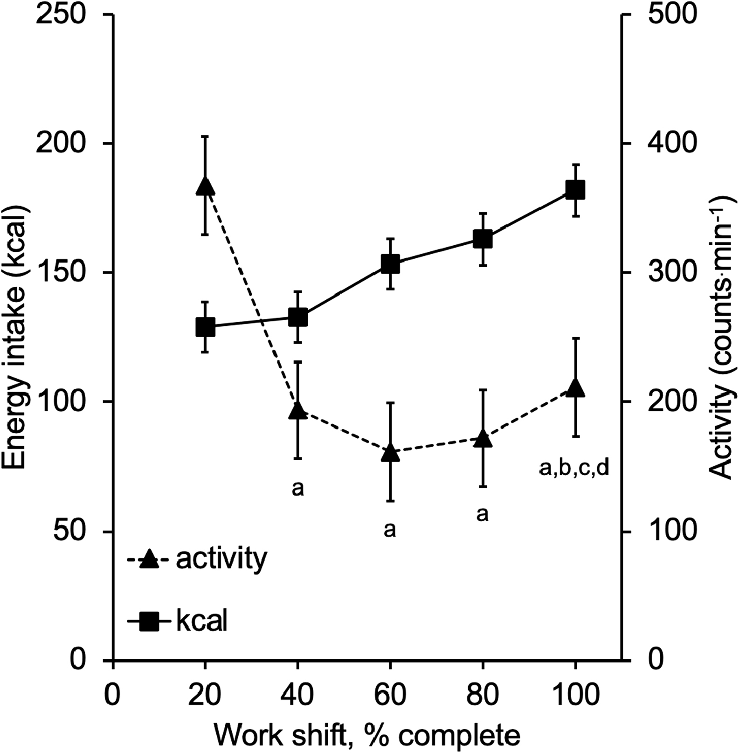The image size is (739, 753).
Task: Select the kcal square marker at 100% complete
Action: point(575,190)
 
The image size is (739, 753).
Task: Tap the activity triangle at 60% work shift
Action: point(390,453)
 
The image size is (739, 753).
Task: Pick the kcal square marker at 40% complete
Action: point(298,318)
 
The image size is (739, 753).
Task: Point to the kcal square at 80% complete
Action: point(483,239)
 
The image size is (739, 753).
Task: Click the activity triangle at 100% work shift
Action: point(575,387)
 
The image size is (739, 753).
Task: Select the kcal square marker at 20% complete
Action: point(205,327)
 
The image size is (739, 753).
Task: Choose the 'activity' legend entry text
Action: point(221,560)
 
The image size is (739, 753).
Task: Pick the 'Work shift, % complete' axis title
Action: point(367,735)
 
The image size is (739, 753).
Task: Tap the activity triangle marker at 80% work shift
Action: point(483,439)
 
